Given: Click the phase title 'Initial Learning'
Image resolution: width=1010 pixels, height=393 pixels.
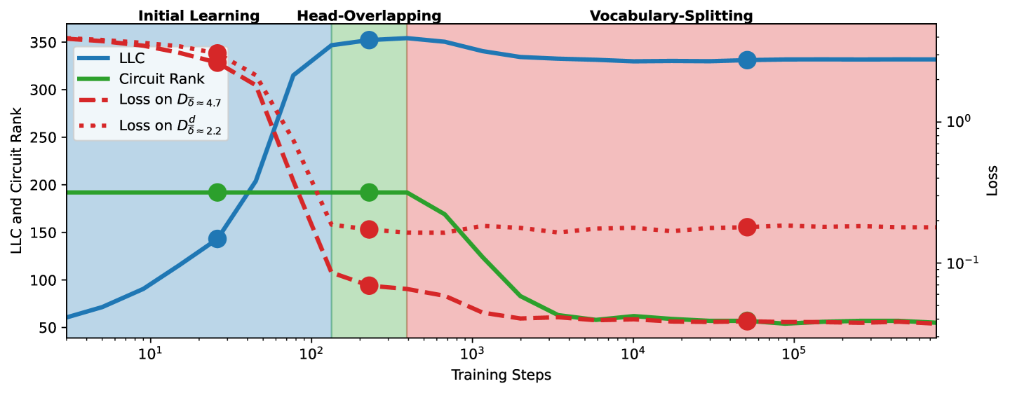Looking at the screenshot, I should click(198, 15).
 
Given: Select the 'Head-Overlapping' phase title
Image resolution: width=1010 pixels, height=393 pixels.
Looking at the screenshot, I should click(369, 15).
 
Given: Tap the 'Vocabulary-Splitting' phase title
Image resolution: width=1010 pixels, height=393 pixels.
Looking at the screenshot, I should click(671, 15).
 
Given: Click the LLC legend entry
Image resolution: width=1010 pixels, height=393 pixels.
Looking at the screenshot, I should click(132, 59).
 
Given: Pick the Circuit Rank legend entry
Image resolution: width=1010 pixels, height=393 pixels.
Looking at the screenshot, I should click(161, 78).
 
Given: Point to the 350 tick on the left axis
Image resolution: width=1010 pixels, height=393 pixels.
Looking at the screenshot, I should click(46, 43).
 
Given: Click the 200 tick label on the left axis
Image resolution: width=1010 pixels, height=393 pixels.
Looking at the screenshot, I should click(46, 186).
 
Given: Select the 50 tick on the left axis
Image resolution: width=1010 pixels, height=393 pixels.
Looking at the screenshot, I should click(50, 328).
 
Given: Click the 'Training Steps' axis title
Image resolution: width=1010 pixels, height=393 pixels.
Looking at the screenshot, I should click(501, 375).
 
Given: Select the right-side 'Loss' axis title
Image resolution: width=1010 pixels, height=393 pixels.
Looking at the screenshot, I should click(992, 181).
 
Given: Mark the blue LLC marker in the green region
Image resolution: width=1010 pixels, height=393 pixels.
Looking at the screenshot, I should click(369, 40).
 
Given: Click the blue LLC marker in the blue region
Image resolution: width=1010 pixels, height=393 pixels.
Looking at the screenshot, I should click(217, 239).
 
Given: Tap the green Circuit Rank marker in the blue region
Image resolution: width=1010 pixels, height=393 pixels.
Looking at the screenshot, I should click(217, 192).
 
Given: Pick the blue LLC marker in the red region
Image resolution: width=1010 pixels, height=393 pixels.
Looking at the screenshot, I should click(747, 60).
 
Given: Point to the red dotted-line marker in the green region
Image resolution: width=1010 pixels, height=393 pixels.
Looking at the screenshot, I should click(369, 229).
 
